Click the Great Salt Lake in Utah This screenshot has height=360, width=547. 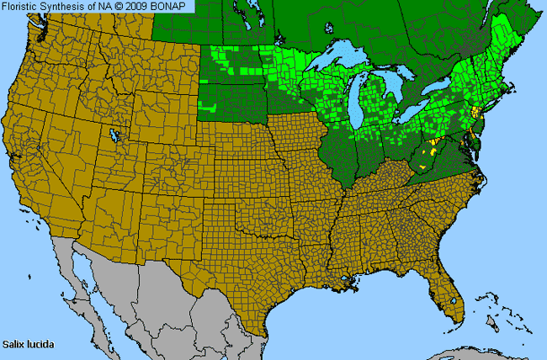(113, 135)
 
